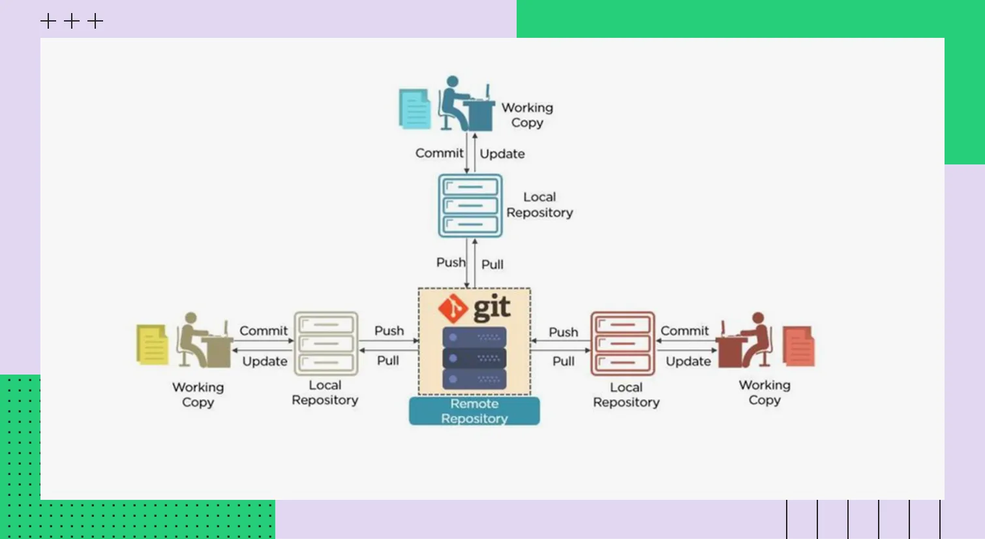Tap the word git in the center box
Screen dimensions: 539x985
click(x=492, y=307)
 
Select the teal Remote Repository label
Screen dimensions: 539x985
click(x=474, y=411)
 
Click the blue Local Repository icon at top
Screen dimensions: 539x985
click(x=470, y=206)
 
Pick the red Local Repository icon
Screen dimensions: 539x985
click(x=622, y=343)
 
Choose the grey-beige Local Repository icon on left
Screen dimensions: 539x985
click(x=326, y=343)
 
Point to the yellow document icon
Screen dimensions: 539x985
click(x=152, y=344)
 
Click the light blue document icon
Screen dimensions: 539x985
click(x=415, y=109)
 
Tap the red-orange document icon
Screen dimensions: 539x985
click(x=798, y=346)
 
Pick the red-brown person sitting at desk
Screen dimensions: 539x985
click(x=744, y=340)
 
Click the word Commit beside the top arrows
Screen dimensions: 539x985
click(x=439, y=153)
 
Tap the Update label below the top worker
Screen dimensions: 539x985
click(x=502, y=154)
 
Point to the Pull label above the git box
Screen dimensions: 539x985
click(x=492, y=264)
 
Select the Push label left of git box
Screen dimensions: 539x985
click(x=389, y=331)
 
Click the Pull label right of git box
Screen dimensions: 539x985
click(x=564, y=361)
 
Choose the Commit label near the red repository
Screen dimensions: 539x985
click(x=684, y=331)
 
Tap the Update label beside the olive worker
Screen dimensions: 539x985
click(x=265, y=361)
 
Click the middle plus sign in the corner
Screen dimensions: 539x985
click(x=72, y=22)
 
